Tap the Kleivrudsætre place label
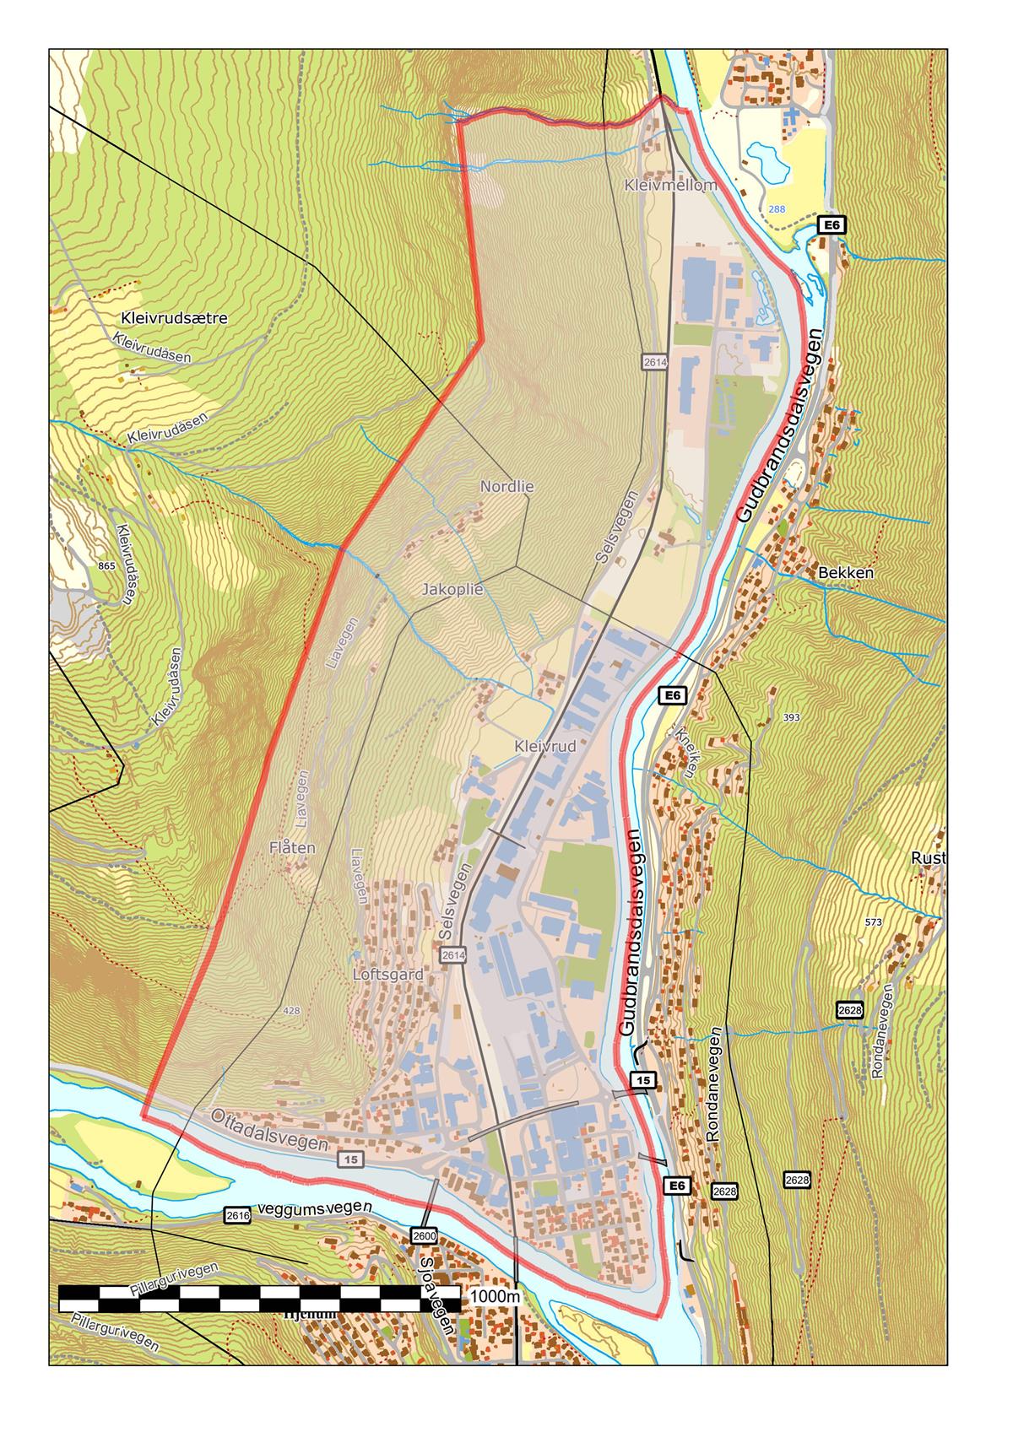tap(175, 319)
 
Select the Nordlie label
tap(506, 487)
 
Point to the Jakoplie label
tap(452, 590)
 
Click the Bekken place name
tap(846, 572)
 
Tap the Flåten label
tap(292, 847)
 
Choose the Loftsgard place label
tap(387, 975)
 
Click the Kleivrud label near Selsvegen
tap(544, 747)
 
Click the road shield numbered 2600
tap(425, 1236)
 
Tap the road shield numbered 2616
tap(237, 1215)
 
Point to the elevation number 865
tap(106, 566)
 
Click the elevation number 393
tap(791, 717)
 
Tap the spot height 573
tap(873, 923)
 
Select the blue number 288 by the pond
tap(775, 208)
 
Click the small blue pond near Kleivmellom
tap(767, 159)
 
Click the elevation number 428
tap(292, 1010)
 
